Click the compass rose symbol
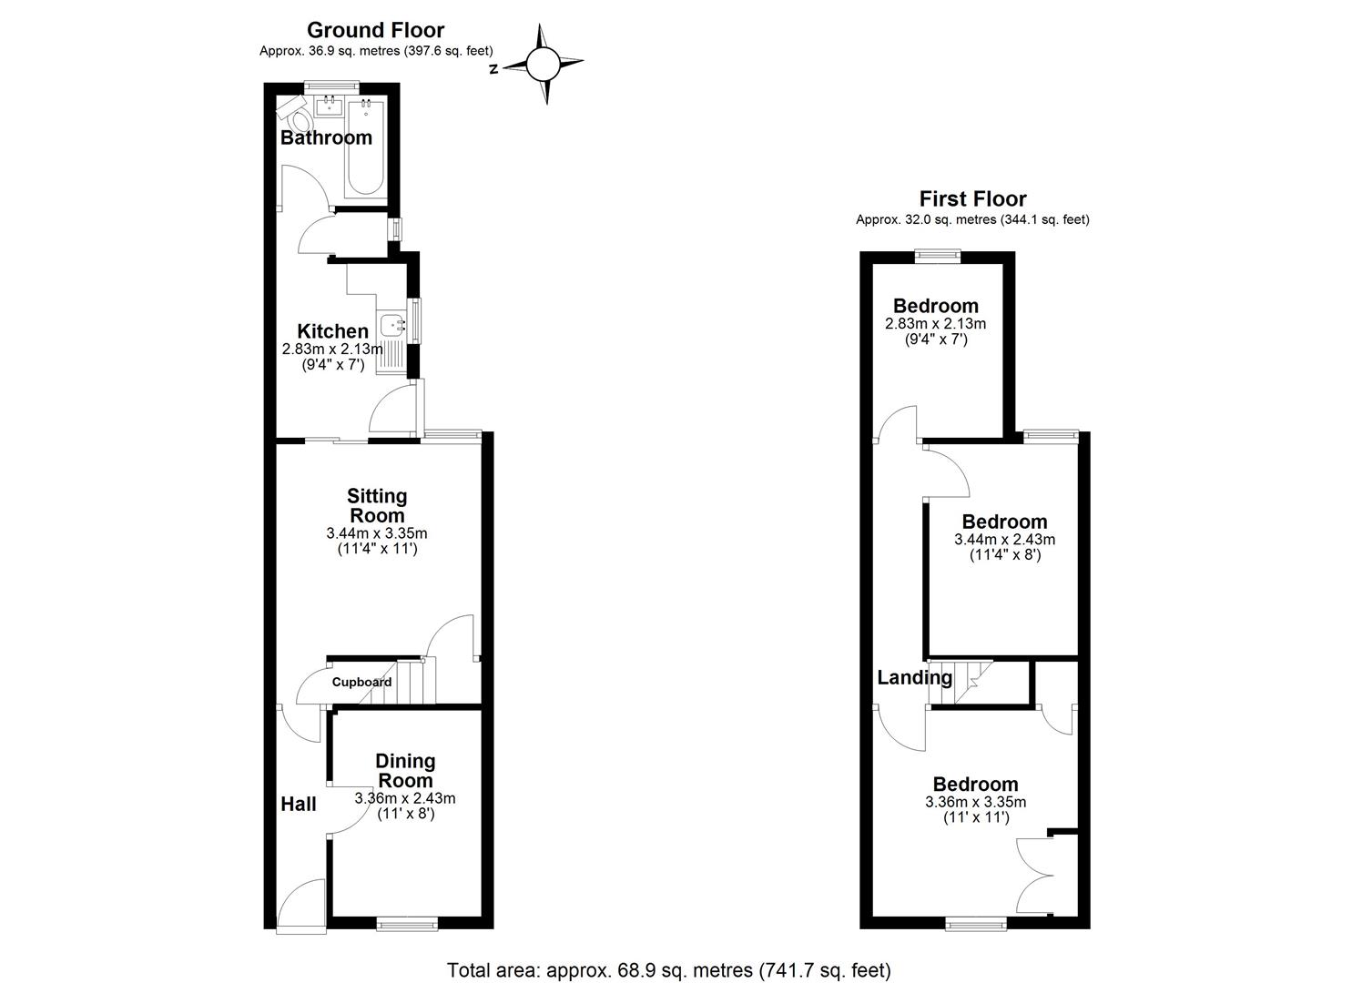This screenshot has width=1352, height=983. (543, 65)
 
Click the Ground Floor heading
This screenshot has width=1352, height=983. (375, 30)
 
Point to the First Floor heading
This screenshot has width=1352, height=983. (972, 198)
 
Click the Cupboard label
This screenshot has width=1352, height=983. (361, 682)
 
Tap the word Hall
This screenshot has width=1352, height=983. (299, 804)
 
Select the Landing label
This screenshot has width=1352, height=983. (914, 677)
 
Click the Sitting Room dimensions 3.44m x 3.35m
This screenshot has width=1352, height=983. (377, 533)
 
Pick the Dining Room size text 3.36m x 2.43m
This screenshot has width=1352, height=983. (405, 798)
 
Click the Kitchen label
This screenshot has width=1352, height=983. (332, 331)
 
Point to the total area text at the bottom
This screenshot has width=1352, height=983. (669, 970)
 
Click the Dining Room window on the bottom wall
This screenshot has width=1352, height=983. (407, 924)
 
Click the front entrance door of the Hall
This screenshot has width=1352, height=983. (301, 905)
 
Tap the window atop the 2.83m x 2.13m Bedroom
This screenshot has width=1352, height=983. (937, 256)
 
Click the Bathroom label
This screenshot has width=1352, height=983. (326, 137)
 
